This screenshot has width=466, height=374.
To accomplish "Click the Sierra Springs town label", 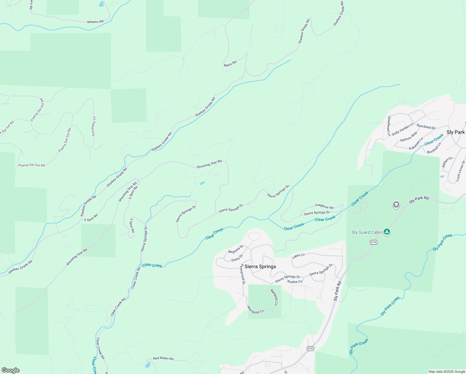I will (260, 266).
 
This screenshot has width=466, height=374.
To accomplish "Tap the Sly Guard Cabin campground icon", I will (387, 232).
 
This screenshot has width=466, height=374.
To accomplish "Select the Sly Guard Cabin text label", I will (367, 232).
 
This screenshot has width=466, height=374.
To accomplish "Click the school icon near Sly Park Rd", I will (396, 205).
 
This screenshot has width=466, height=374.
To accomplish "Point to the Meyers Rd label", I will (95, 22).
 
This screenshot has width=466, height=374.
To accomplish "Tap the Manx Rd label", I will (230, 64).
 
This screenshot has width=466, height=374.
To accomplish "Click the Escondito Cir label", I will (94, 126).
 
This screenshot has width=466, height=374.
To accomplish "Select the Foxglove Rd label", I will (324, 206).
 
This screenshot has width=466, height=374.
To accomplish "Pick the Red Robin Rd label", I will (163, 358).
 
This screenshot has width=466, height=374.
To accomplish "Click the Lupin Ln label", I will (298, 256).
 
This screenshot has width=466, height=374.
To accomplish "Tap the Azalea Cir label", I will (295, 281).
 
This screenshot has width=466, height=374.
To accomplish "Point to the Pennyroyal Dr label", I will (243, 274).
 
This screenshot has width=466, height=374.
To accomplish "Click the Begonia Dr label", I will (235, 249).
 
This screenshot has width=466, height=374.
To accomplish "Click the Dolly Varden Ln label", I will (402, 129).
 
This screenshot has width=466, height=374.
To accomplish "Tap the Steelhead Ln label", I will (389, 126).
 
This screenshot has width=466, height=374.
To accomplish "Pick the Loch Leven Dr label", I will (460, 171).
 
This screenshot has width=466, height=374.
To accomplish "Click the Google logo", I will (10, 370).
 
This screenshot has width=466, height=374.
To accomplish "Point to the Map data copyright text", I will (447, 372).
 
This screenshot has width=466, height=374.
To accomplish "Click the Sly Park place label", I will (455, 132).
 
